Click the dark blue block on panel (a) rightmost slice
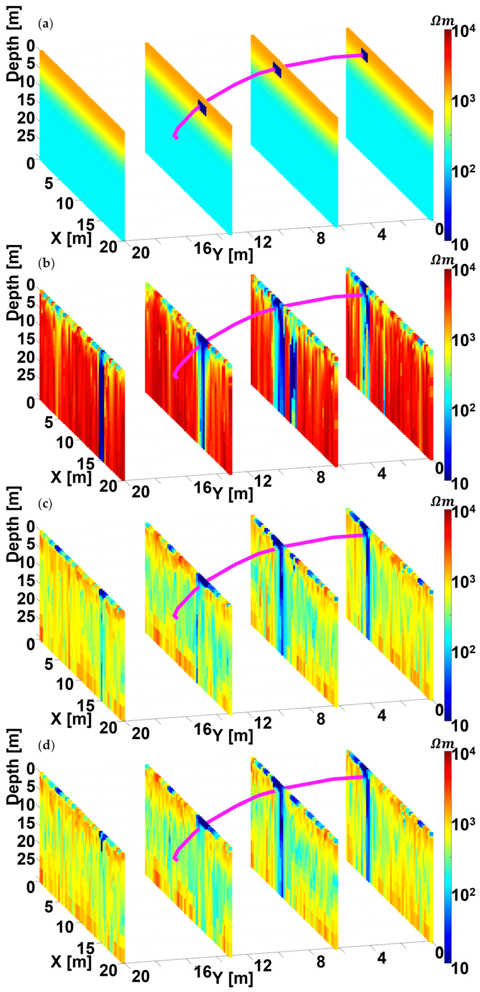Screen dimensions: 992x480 point(364,55)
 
